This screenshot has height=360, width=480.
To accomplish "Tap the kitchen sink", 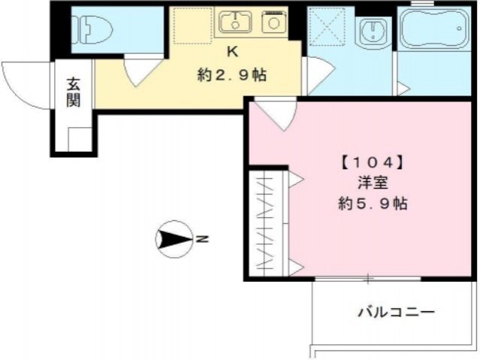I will pyautogui.click(x=235, y=23).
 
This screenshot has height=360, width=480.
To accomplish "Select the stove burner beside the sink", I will pyautogui.click(x=273, y=23).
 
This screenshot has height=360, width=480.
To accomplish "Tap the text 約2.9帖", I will pyautogui.click(x=233, y=74).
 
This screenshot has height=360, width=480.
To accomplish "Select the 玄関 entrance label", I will pyautogui.click(x=73, y=92).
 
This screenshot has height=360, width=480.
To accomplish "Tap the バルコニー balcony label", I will pyautogui.click(x=396, y=311).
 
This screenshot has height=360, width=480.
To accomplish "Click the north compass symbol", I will pyautogui.click(x=172, y=240).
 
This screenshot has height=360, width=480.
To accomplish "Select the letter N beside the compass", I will pyautogui.click(x=202, y=240).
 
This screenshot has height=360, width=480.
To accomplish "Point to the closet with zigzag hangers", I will pyautogui.click(x=267, y=224).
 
